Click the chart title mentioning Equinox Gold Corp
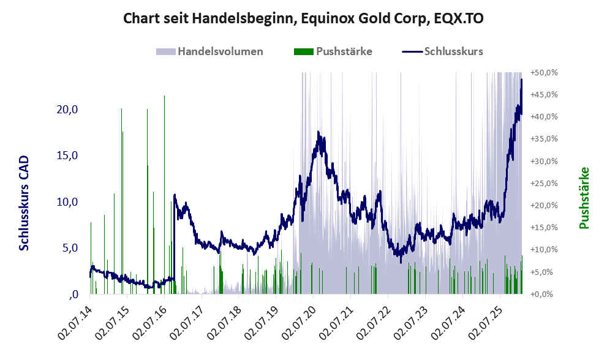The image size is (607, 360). point(303,18)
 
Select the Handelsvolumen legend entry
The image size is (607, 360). point(220,51)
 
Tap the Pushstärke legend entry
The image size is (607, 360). point(344,51)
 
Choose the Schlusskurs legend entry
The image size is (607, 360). point(453,51)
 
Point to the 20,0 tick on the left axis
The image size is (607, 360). point(66,110)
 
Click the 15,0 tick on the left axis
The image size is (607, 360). point(66,156)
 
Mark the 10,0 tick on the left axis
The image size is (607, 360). point(66,202)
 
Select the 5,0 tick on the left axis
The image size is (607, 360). point(69,248)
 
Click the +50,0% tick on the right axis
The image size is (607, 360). point(543,72)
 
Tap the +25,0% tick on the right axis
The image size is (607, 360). point(543,183)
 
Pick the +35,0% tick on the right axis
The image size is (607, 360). point(543,139)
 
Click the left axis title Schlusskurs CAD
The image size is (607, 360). point(25,203)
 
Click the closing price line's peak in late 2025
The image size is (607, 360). point(521,80)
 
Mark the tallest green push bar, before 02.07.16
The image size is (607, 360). point(164,97)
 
